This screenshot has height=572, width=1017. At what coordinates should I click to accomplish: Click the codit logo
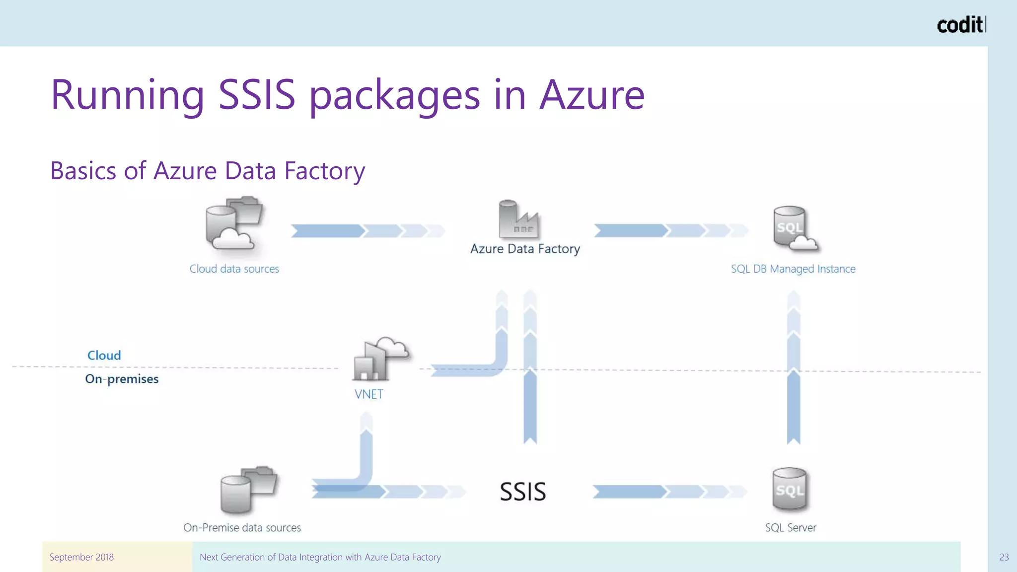tap(960, 25)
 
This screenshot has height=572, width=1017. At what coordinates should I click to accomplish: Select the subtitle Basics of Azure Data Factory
tap(208, 171)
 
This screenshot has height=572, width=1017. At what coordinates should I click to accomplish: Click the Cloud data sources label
tap(234, 269)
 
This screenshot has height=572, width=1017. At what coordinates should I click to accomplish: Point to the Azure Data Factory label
tap(525, 248)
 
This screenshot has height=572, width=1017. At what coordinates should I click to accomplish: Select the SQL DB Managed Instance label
tap(793, 269)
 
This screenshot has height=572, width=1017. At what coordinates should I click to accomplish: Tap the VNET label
tap(368, 394)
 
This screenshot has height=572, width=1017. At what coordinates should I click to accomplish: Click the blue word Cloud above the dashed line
tap(104, 356)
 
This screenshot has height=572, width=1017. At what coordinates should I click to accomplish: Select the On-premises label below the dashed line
tap(122, 379)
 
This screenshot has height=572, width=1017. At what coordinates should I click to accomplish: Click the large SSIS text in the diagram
tap(522, 492)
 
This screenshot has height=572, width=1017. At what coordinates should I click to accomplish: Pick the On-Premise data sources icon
tap(248, 490)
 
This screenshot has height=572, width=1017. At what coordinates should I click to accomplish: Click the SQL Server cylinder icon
tap(790, 490)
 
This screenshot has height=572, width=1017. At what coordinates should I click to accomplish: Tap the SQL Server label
tap(790, 527)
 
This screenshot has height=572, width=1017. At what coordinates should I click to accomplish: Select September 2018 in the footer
tap(81, 557)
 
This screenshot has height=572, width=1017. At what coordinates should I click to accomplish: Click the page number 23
tap(1004, 557)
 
